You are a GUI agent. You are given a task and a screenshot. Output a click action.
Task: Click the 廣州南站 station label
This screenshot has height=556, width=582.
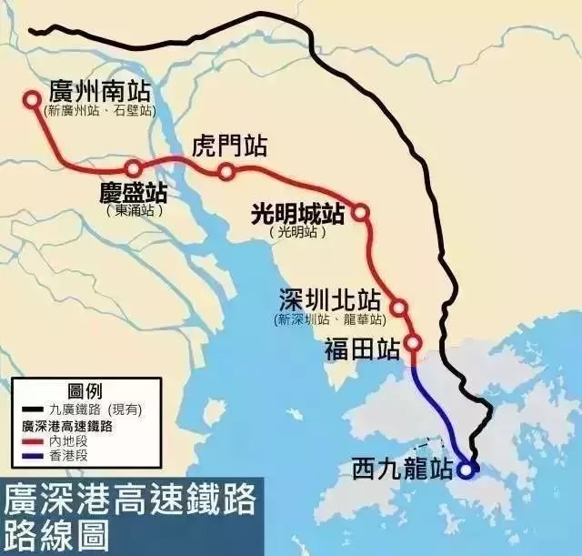100,93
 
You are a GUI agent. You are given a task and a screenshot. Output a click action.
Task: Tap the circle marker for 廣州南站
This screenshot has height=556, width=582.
33,100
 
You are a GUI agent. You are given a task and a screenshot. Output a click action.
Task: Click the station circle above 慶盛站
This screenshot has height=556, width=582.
134,168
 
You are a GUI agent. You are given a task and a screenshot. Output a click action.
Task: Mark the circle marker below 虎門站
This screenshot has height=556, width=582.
226,172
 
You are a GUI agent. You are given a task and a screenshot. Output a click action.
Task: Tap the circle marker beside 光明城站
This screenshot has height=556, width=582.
360,213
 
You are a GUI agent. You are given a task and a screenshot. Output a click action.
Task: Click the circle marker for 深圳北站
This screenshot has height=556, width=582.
398,308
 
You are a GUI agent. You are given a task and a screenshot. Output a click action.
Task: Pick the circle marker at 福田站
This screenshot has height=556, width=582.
412,343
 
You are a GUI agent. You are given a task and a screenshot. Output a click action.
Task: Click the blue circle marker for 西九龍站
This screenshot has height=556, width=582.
467,470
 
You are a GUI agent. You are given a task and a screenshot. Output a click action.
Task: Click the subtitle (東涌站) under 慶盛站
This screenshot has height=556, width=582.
133,210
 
